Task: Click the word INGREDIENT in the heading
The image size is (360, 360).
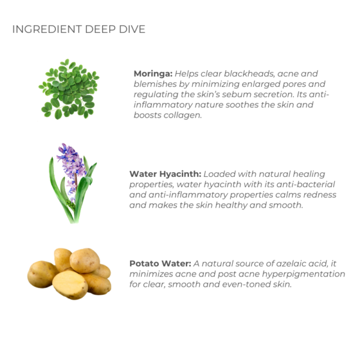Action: [47, 29]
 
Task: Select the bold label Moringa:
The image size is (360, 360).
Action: [153, 74]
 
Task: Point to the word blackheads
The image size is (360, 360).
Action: [249, 74]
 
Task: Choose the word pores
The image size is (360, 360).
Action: [294, 84]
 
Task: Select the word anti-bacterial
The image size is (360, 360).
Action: [306, 184]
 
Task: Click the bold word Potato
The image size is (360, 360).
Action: [144, 263]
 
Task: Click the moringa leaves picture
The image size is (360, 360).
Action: [69, 89]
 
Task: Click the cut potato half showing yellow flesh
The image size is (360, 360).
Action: [70, 284]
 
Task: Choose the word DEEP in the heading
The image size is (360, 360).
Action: [100, 29]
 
